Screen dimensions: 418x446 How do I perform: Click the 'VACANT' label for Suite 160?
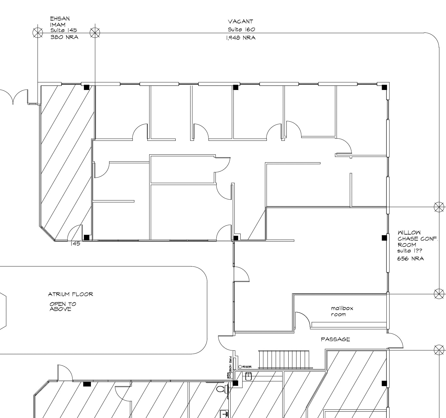tap(240, 21)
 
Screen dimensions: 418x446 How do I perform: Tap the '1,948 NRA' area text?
tap(240, 38)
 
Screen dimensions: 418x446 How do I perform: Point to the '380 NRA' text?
tap(64, 37)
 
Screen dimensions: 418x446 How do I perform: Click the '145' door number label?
tap(75, 244)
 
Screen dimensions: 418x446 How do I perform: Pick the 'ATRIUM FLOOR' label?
tap(70, 294)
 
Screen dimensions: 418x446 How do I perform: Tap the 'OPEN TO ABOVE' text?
tap(62, 307)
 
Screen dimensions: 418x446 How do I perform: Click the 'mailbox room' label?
tap(342, 311)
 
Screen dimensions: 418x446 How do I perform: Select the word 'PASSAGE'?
tap(335, 339)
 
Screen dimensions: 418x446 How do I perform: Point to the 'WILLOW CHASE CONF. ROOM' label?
tap(417, 239)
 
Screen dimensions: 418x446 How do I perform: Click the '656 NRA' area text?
tap(410, 259)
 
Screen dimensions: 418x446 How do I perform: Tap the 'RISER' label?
tap(247, 367)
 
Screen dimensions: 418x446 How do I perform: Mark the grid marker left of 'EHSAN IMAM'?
tap(38, 32)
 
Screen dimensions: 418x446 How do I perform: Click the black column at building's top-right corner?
tap(384, 87)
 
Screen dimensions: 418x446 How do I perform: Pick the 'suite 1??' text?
tap(409, 251)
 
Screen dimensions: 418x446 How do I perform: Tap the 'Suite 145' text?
tap(64, 30)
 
